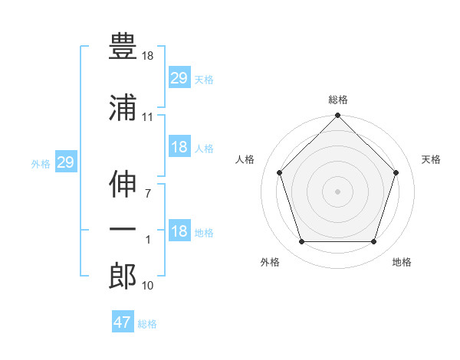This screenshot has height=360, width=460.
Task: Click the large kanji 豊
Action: point(123,46)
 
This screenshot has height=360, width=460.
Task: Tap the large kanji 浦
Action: point(123,107)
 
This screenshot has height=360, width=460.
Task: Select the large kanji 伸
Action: point(123,184)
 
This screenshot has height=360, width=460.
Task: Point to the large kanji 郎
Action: point(123,276)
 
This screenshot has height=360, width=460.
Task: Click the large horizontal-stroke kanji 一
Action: point(123,229)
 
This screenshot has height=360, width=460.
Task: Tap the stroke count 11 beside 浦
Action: point(147,117)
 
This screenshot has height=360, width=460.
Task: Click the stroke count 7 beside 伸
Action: point(148,194)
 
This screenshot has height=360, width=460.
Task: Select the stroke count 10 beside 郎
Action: point(147,285)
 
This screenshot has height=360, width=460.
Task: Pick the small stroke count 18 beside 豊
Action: point(147,56)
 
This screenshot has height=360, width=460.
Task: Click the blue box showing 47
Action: point(123,321)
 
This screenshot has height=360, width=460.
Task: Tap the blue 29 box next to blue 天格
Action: point(179,77)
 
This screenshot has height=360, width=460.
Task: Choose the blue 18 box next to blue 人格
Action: point(179,146)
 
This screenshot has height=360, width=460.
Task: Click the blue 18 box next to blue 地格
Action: point(179,230)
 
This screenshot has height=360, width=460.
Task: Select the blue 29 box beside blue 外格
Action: point(66,162)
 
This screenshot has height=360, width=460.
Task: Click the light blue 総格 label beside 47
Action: point(147,324)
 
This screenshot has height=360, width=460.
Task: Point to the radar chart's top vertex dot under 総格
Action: point(337,115)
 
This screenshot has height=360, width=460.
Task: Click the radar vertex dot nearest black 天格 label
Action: point(396,172)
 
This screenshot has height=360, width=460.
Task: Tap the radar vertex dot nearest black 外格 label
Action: point(302,242)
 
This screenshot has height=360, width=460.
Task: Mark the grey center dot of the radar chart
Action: point(337,191)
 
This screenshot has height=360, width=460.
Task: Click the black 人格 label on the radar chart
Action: point(245,159)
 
